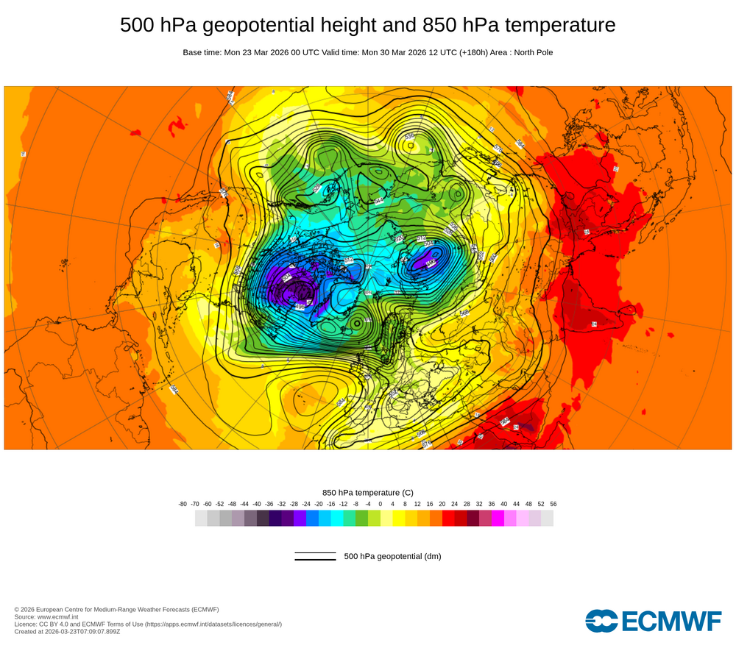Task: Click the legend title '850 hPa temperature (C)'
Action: click(x=368, y=492)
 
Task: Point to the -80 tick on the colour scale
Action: click(x=183, y=504)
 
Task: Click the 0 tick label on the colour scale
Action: click(x=381, y=504)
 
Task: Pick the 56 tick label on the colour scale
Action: click(x=553, y=504)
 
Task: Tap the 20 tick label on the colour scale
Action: click(x=442, y=504)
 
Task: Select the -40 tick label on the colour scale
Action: click(x=257, y=504)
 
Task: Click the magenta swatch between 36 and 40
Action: click(x=498, y=518)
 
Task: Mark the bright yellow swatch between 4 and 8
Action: click(x=399, y=518)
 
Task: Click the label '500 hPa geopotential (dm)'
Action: click(x=392, y=556)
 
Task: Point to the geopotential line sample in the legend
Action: click(x=315, y=557)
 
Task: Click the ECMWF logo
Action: click(x=654, y=620)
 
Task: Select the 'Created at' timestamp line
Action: click(x=67, y=631)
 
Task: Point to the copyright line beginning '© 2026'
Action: click(x=116, y=609)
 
